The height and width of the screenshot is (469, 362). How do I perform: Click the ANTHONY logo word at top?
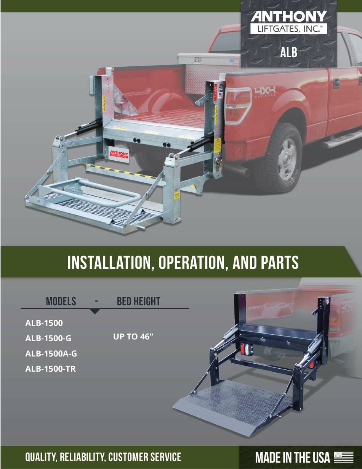point(288,17)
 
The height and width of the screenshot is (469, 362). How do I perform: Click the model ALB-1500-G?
point(48,338)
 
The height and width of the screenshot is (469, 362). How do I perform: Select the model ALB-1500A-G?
point(51,353)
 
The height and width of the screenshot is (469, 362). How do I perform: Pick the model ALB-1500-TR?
point(50,369)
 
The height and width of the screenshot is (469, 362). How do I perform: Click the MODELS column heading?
point(61,301)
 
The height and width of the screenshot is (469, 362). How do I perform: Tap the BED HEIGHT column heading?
point(138,301)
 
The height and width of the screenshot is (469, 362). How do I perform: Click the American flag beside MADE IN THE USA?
point(343,457)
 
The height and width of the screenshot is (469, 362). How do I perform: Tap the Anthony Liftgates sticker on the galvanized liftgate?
point(119,154)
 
